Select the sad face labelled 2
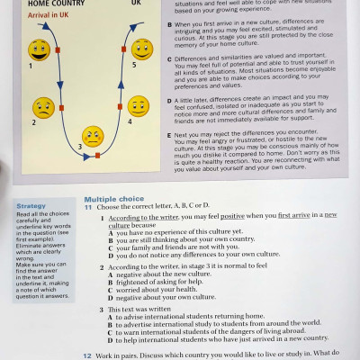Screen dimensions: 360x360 (42, 108)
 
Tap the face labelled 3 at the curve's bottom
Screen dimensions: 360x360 (93, 136)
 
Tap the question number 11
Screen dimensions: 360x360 (87, 207)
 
